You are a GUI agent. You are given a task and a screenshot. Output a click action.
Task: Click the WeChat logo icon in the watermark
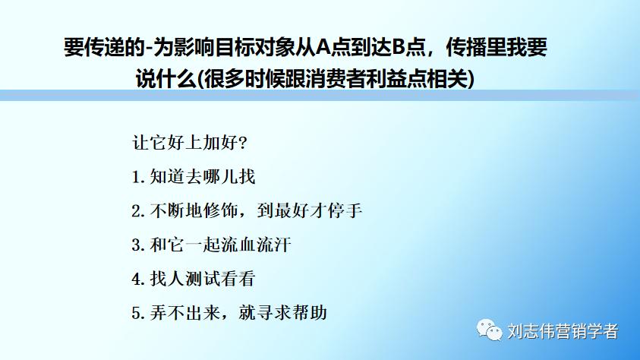pyautogui.click(x=488, y=330)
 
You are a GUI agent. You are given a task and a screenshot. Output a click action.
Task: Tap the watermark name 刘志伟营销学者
pyautogui.click(x=563, y=331)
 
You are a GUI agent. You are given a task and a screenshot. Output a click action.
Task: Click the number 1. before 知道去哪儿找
pyautogui.click(x=137, y=177)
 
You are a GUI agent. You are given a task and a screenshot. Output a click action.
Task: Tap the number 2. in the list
pyautogui.click(x=137, y=211)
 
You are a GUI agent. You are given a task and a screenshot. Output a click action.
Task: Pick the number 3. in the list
pyautogui.click(x=137, y=245)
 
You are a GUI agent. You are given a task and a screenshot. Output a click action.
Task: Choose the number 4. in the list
pyautogui.click(x=137, y=279)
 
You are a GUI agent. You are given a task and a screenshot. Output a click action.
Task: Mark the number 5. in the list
pyautogui.click(x=137, y=312)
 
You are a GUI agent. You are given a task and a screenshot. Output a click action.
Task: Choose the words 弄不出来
pyautogui.click(x=182, y=312)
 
